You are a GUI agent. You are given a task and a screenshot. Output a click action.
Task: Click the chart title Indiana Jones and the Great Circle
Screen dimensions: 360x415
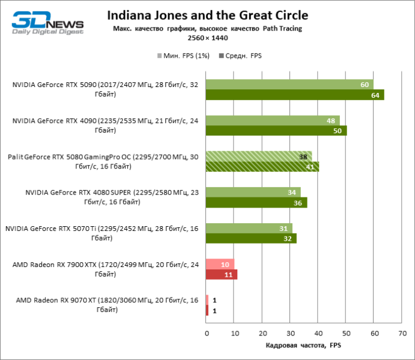[x=207, y=15]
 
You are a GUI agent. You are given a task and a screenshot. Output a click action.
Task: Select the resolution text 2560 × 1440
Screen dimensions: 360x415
[x=207, y=38]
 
